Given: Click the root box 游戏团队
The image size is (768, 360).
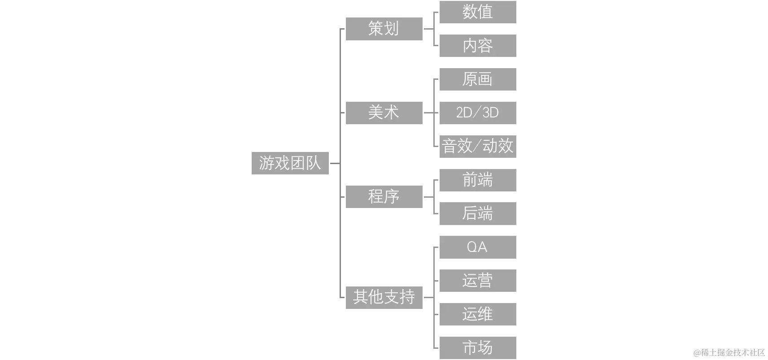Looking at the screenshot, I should click(x=289, y=163).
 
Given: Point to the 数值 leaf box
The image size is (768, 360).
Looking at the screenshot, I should click(x=479, y=12).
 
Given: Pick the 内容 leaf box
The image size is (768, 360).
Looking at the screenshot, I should click(x=479, y=46).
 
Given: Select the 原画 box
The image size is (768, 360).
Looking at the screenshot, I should click(x=479, y=79).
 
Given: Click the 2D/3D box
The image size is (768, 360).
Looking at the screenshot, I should click(x=479, y=113).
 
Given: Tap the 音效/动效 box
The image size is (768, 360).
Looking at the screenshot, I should click(x=479, y=146).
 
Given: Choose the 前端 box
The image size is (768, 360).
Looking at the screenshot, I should click(x=479, y=180).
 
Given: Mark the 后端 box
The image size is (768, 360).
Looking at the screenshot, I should click(x=479, y=213).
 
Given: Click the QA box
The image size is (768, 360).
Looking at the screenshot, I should click(x=479, y=247).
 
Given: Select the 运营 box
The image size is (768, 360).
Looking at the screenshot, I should click(x=479, y=280).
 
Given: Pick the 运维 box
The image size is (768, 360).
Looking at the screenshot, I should click(x=479, y=314).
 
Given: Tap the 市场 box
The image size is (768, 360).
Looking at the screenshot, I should click(x=479, y=347).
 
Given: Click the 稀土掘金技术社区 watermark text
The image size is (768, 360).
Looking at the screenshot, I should click(x=729, y=352).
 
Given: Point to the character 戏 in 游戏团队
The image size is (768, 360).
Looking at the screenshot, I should click(x=282, y=163).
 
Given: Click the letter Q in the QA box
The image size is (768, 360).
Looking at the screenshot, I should click(x=471, y=247).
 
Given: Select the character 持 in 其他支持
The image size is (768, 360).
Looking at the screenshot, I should click(x=407, y=297).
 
